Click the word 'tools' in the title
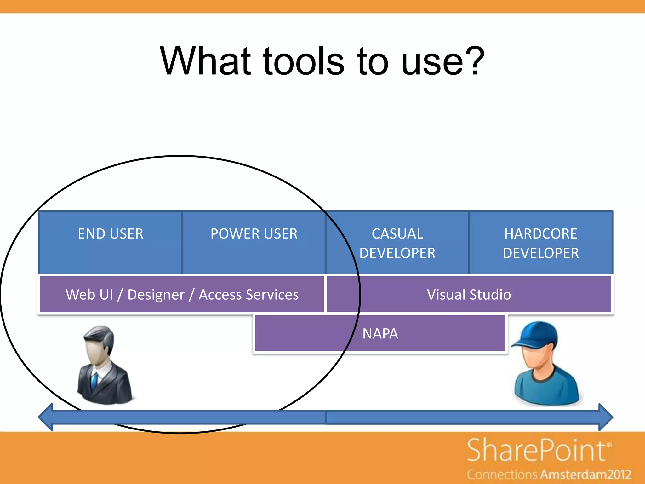coord(304,61)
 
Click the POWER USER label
coord(254,234)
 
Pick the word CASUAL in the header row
coord(397,234)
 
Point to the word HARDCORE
coord(540,234)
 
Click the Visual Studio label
coord(469,295)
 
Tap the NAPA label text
coord(380,334)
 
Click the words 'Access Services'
coord(248,295)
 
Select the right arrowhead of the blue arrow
coord(605,417)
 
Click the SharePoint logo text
coord(537,451)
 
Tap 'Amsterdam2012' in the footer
coord(586,475)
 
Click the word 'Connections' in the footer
coord(502,475)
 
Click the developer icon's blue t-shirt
coord(546,388)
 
